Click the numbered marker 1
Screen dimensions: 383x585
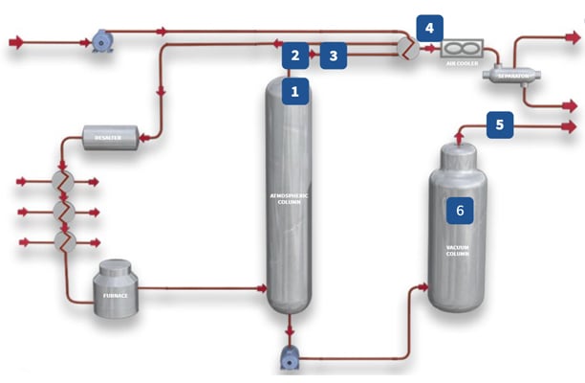(x=296, y=92)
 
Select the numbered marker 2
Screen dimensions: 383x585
(x=296, y=56)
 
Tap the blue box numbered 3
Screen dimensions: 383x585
(x=333, y=56)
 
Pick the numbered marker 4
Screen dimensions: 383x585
(x=429, y=28)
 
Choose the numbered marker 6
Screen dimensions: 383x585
(x=459, y=209)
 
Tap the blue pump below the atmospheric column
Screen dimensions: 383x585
(x=290, y=359)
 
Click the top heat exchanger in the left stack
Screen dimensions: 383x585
(x=64, y=179)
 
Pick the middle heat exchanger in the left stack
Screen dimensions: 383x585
(x=64, y=210)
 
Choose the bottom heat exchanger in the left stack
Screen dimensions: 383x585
(x=64, y=240)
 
